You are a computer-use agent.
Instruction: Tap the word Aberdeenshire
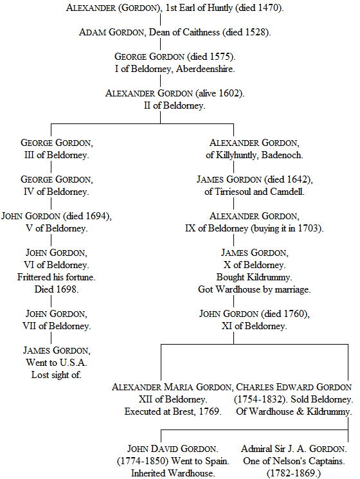pyautogui.click(x=205, y=69)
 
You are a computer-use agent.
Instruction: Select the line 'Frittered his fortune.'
pyautogui.click(x=57, y=277)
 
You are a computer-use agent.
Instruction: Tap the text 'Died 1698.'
pyautogui.click(x=57, y=289)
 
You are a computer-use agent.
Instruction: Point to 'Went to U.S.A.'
pyautogui.click(x=57, y=363)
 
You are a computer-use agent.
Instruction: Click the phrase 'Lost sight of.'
pyautogui.click(x=57, y=375)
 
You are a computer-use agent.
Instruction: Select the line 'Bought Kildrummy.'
pyautogui.click(x=255, y=277)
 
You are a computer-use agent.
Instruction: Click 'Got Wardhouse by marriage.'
pyautogui.click(x=255, y=289)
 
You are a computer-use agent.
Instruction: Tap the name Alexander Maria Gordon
pyautogui.click(x=172, y=387)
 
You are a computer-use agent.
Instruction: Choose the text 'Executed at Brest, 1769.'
pyautogui.click(x=173, y=411)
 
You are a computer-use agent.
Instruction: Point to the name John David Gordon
pyautogui.click(x=172, y=449)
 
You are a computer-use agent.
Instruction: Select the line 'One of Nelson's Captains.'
pyautogui.click(x=294, y=461)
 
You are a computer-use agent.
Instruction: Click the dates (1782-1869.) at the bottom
pyautogui.click(x=294, y=473)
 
